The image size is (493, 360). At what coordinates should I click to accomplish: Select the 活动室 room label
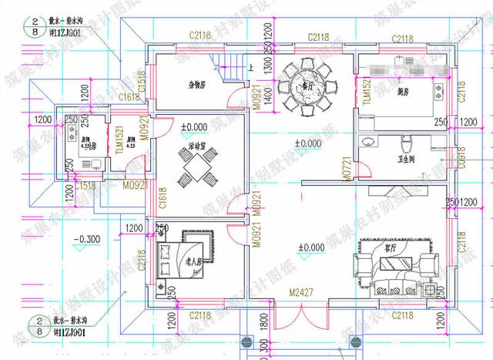click(199, 144)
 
